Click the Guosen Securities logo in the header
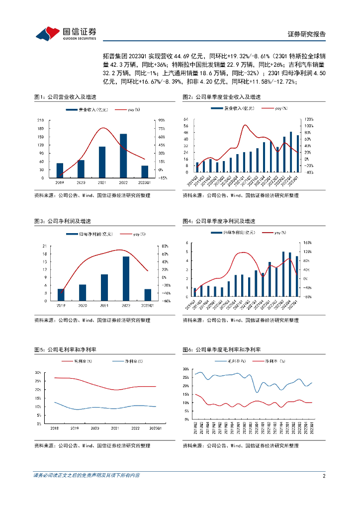click(66, 33)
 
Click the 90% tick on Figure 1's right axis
click(162, 120)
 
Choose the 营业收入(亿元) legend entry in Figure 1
click(91, 109)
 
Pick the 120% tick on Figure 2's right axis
click(308, 120)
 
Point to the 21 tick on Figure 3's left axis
click(44, 246)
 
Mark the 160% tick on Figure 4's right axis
click(307, 243)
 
